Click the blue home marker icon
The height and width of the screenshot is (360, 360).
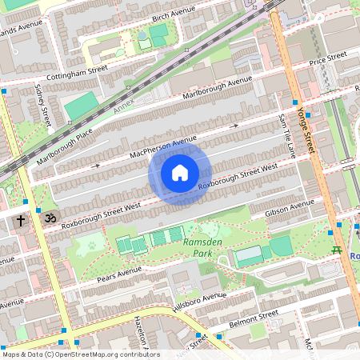click(180, 173)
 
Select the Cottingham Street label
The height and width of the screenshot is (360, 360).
click(78, 70)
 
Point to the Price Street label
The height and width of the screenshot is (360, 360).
click(328, 58)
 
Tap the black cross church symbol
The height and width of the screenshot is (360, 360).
click(21, 218)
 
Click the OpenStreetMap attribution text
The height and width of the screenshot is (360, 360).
click(81, 354)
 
